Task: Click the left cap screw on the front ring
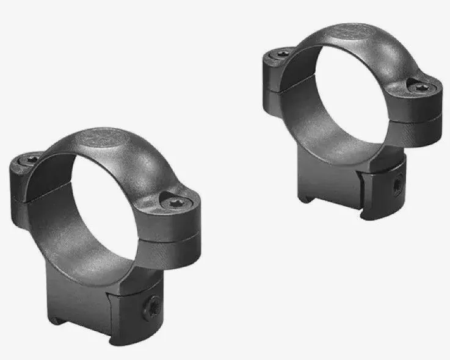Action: pyautogui.click(x=32, y=160)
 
